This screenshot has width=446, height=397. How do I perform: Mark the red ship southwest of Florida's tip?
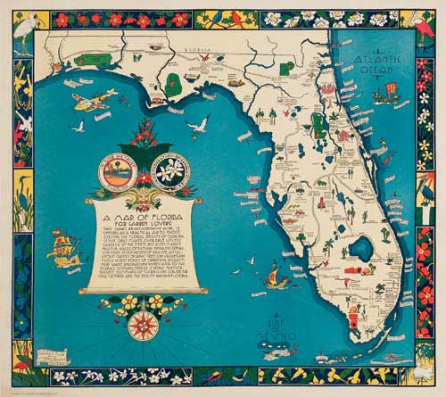(267, 287)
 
